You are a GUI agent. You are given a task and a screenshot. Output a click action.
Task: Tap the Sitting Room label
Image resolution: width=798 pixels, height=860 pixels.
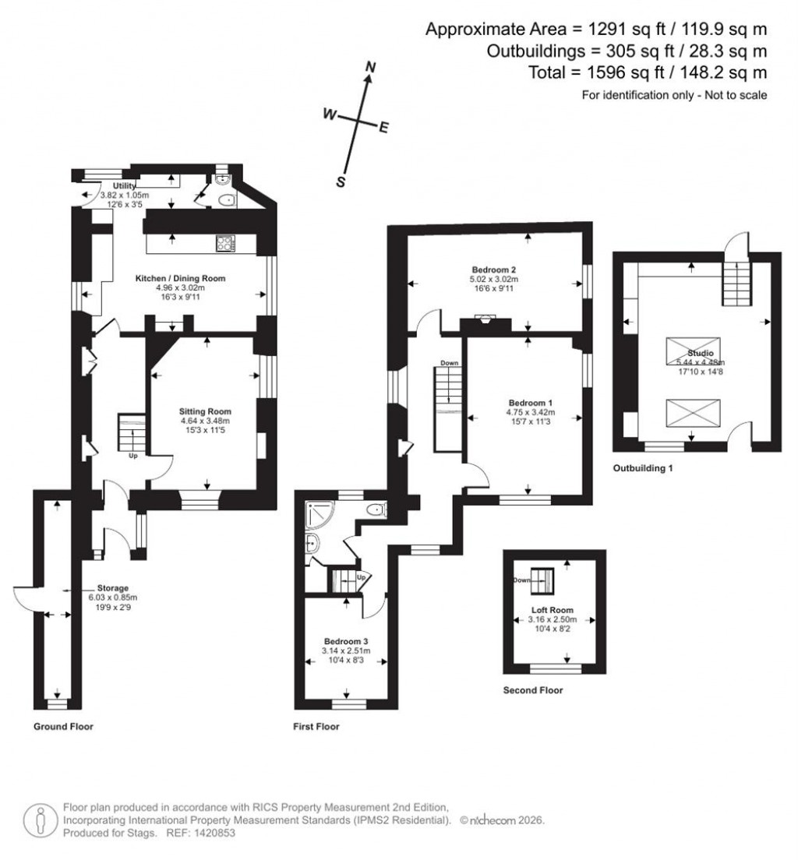point(205,411)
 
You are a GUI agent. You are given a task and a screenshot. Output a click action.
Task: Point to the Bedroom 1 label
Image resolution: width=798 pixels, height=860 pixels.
point(528,402)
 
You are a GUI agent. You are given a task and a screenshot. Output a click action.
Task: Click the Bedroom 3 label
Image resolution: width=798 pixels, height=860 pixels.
point(346,640)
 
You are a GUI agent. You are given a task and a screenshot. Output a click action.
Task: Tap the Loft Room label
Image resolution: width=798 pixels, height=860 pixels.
point(553,610)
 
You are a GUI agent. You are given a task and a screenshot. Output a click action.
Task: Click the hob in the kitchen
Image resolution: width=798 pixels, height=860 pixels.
point(224,244)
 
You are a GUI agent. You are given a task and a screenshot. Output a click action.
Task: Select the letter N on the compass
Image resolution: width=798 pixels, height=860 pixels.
point(371,68)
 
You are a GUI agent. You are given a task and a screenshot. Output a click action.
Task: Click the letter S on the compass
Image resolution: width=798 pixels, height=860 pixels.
point(341,182)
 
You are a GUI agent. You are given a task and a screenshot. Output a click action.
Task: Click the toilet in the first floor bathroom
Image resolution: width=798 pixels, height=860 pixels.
point(377,510)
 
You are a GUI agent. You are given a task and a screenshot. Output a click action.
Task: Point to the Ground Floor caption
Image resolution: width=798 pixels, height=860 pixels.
point(63,727)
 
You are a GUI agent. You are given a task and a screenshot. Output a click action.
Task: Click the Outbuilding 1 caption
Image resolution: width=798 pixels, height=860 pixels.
point(643,469)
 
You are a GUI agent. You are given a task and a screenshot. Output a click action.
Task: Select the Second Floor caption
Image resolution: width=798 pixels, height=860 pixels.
point(533,690)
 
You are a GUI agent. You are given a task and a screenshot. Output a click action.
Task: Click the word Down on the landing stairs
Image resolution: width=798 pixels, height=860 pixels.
point(449,363)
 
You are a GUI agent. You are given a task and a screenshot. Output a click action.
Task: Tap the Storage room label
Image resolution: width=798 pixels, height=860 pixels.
point(112,588)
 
